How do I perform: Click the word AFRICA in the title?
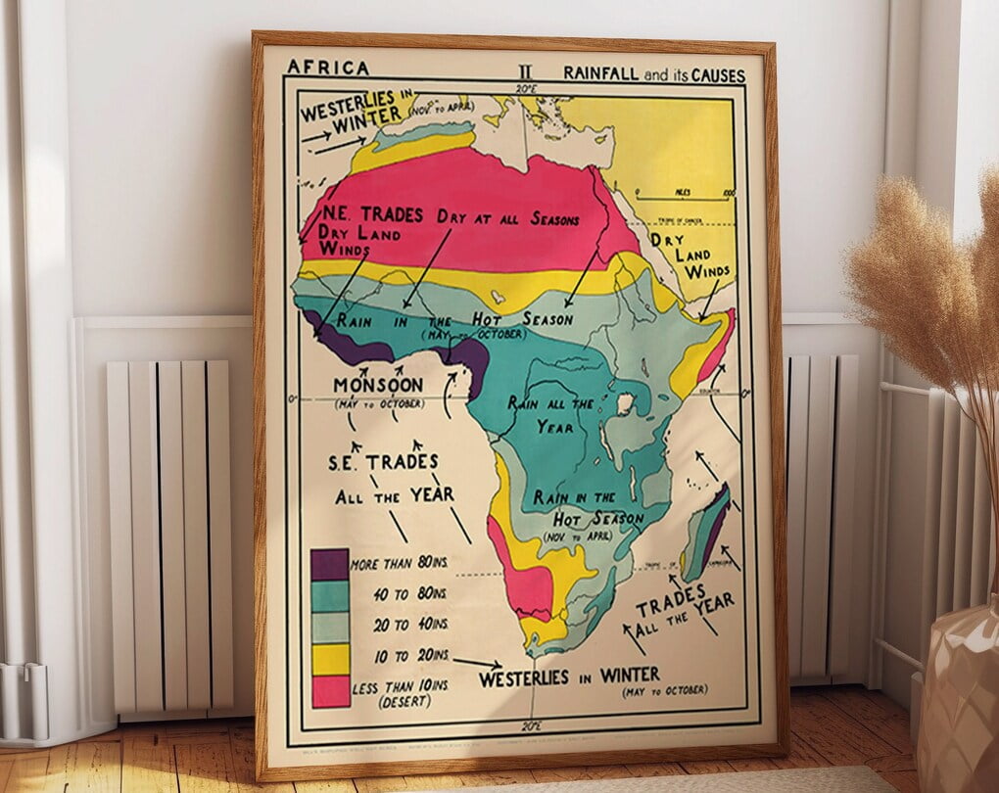[327, 68]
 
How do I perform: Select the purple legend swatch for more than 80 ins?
[329, 565]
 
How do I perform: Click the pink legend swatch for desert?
[329, 690]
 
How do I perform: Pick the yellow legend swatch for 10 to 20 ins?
[329, 659]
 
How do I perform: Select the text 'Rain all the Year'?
[551, 413]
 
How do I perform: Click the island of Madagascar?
[705, 534]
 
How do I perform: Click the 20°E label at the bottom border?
[531, 726]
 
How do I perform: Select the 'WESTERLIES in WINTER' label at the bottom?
[569, 676]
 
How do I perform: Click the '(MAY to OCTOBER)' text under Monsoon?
[378, 404]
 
